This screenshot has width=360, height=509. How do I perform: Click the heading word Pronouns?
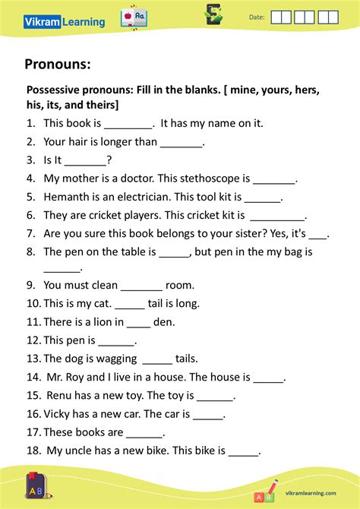(58, 64)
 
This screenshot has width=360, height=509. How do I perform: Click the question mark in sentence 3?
(109, 160)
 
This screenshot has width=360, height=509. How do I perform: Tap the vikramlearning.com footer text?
(311, 492)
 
